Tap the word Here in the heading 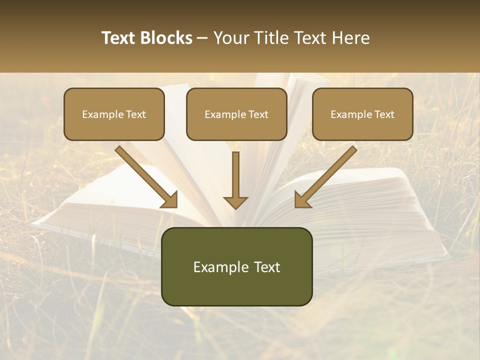pos(349,38)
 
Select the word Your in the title pos(231,38)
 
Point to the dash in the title pos(202,38)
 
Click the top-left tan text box pos(114,114)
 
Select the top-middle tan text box pos(236,114)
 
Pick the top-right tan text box pos(362,114)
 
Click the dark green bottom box pos(236,266)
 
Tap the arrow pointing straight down pos(235,177)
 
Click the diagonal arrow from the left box pos(145,175)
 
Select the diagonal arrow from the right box pos(327,175)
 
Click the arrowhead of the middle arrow pos(235,202)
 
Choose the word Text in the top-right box pos(384,114)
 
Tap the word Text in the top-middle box pos(258,114)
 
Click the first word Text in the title pos(119,38)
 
